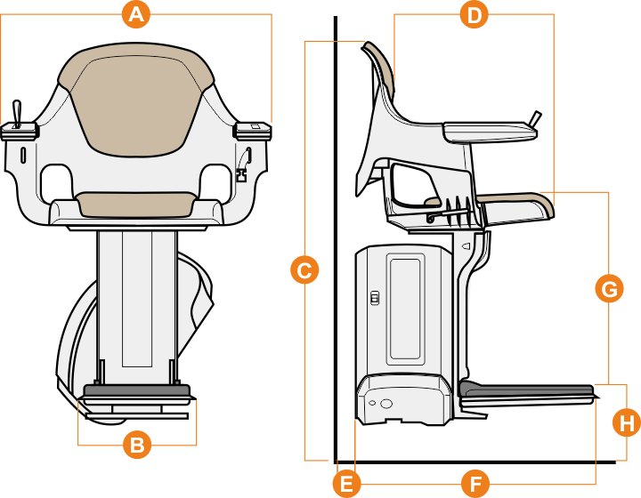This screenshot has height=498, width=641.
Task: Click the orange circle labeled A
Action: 136,14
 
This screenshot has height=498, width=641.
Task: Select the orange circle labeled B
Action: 137,444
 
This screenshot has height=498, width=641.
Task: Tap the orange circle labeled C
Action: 304,269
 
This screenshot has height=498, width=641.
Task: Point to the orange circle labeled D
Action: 475,15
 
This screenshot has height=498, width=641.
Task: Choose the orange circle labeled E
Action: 346,484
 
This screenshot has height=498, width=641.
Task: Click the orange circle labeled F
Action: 475,484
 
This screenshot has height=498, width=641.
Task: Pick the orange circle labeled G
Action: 609,289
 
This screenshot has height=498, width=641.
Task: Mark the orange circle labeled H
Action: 627,422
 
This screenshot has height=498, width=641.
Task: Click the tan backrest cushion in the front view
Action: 136,100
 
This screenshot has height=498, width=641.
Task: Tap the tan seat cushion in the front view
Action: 135,205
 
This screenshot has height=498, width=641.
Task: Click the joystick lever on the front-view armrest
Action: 16,114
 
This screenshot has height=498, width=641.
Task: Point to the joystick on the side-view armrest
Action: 536,118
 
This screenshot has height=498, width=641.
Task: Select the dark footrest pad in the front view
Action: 137,390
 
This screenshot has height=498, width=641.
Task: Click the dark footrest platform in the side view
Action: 526,390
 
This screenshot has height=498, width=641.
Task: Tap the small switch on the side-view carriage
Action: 374,298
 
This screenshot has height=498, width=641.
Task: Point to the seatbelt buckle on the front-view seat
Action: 242,175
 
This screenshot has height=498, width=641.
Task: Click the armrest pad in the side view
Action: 490,132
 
